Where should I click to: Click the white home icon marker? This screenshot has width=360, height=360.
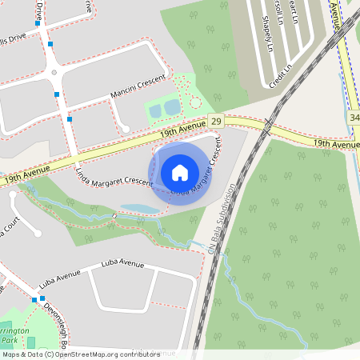180,172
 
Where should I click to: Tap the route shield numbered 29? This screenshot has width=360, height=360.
216,121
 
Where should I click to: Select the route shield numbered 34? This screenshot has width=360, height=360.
354,118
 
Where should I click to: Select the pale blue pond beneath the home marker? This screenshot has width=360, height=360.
139,209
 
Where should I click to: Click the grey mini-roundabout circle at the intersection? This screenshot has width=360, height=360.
54,73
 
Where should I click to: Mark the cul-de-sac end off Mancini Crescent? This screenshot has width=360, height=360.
125,129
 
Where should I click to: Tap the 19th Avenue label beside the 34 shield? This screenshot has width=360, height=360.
335,143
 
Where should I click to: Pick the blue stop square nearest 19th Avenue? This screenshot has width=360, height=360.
70,119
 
